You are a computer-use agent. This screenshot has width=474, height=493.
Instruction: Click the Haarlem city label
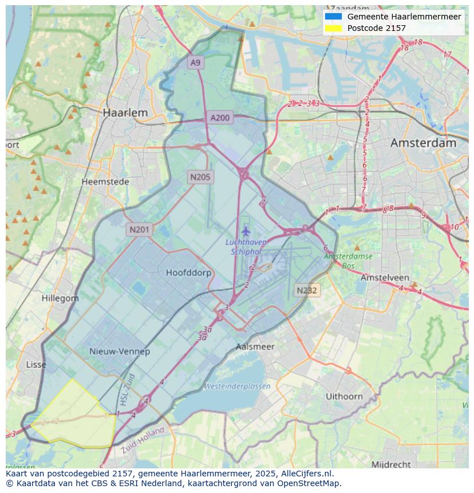click(x=125, y=113)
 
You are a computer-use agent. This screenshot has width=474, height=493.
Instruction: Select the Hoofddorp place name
click(x=188, y=273)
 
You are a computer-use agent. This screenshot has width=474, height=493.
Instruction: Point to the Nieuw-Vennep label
click(x=120, y=351)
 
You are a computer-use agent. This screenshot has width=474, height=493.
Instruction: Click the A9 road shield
click(x=196, y=62)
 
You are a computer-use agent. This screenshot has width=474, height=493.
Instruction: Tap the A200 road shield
click(x=220, y=118)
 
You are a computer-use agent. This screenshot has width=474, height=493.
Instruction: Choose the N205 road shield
click(x=200, y=177)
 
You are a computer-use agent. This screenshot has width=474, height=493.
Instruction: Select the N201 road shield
click(x=139, y=230)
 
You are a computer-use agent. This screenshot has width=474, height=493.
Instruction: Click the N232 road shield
click(x=307, y=290)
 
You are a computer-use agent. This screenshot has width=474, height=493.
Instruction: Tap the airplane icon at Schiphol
click(x=246, y=231)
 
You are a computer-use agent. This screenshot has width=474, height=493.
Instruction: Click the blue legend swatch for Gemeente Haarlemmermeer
click(x=333, y=17)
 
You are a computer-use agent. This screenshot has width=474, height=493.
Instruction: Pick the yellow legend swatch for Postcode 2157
click(x=333, y=28)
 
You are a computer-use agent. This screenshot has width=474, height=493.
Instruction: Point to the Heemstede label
click(x=105, y=182)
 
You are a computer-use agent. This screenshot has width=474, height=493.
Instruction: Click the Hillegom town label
click(x=60, y=298)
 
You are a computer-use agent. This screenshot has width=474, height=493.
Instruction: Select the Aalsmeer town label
click(x=255, y=346)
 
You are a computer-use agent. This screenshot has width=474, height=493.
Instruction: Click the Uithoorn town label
click(x=344, y=396)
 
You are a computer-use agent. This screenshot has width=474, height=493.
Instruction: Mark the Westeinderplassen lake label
click(x=237, y=386)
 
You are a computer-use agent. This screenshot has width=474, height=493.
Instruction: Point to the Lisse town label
click(x=36, y=364)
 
